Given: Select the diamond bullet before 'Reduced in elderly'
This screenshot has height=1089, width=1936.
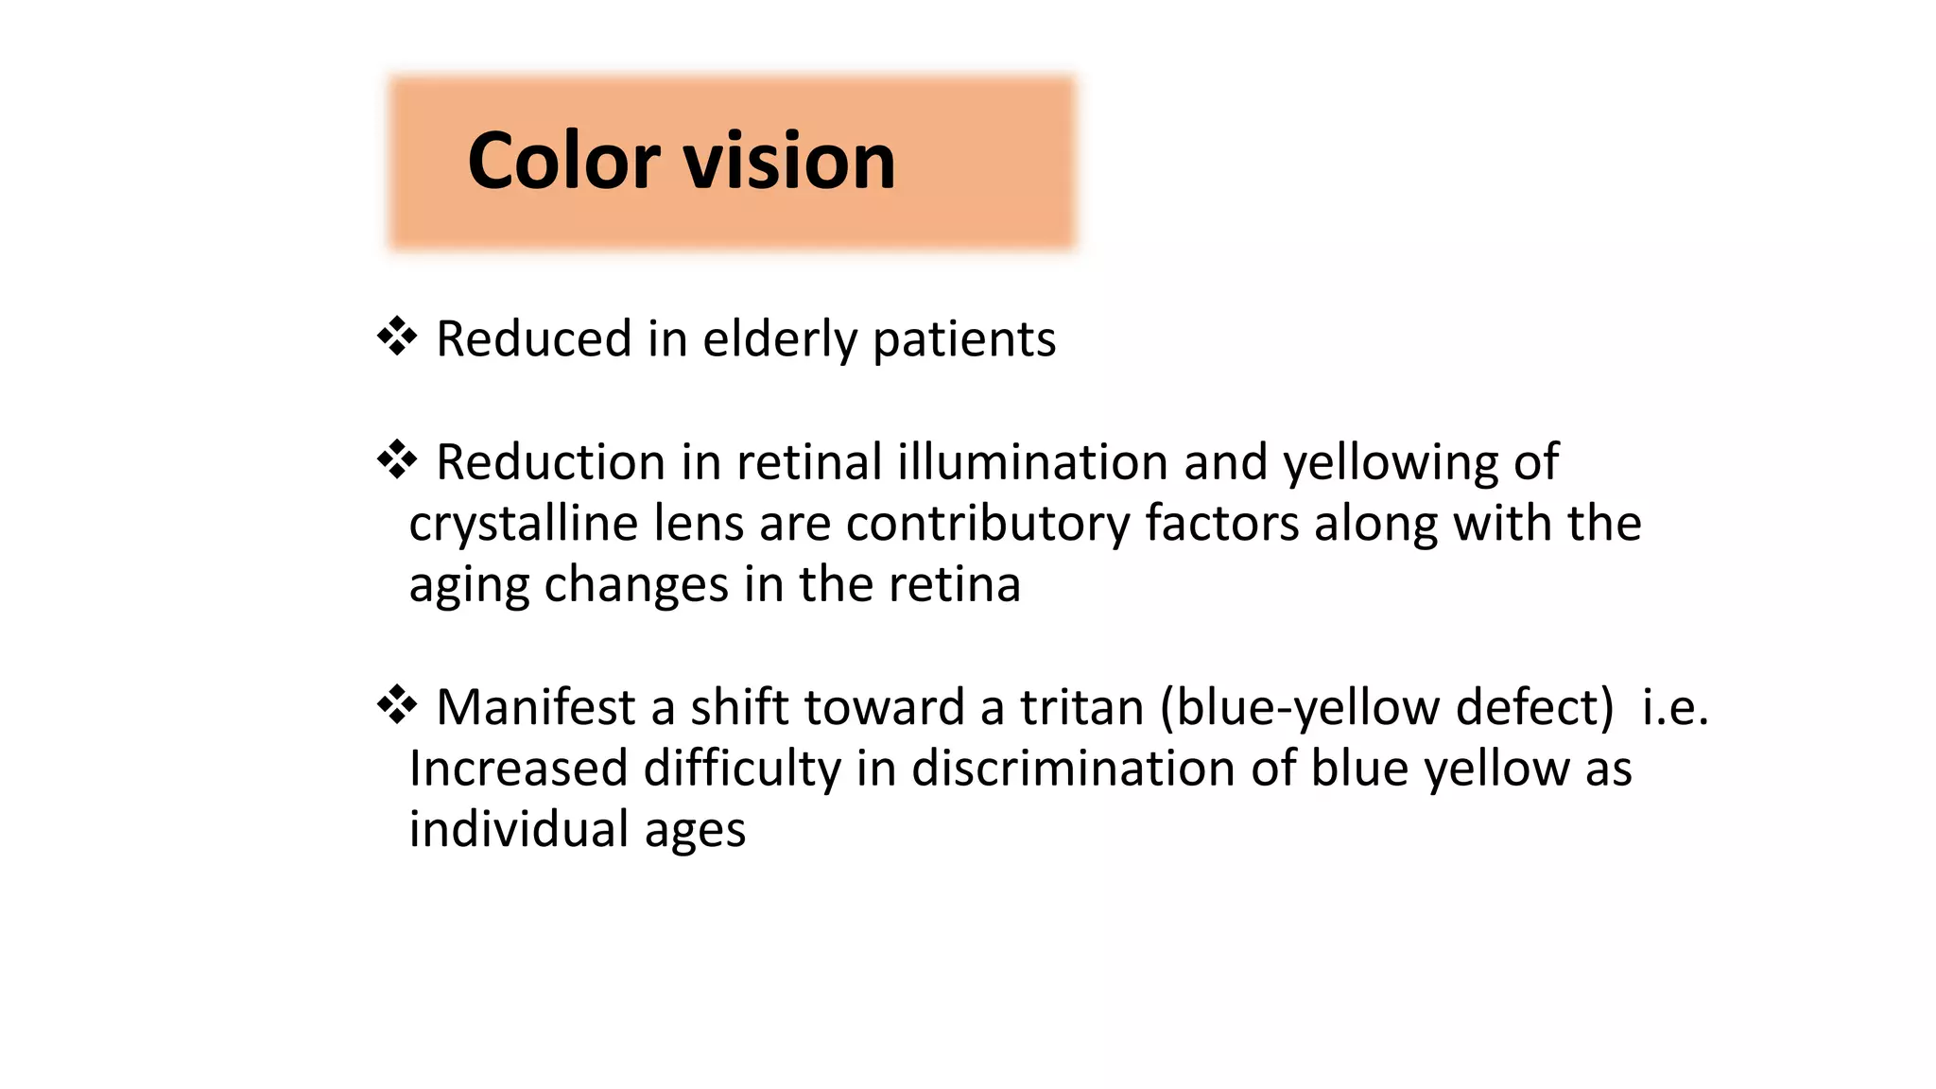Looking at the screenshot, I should point(397,337).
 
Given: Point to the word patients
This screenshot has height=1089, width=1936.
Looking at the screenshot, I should point(963,339).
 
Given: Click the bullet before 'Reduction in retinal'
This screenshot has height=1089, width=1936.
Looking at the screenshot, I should point(397,460).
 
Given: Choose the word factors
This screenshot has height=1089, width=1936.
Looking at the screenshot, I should point(1222,524).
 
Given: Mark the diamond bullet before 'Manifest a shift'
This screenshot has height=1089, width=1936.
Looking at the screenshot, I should point(397,705).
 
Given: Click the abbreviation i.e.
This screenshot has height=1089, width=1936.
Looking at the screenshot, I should point(1675,707).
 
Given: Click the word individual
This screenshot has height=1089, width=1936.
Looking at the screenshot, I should point(519,829).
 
